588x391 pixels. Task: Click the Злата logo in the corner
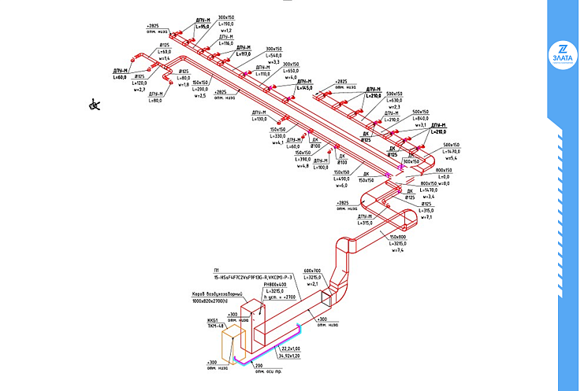coord(563,57)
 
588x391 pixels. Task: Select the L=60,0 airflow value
coord(121,77)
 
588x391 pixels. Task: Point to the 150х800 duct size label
coord(396,237)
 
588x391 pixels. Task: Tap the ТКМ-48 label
coord(216,326)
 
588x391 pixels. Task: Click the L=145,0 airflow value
coord(300,87)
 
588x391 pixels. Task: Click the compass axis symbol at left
coord(95,105)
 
